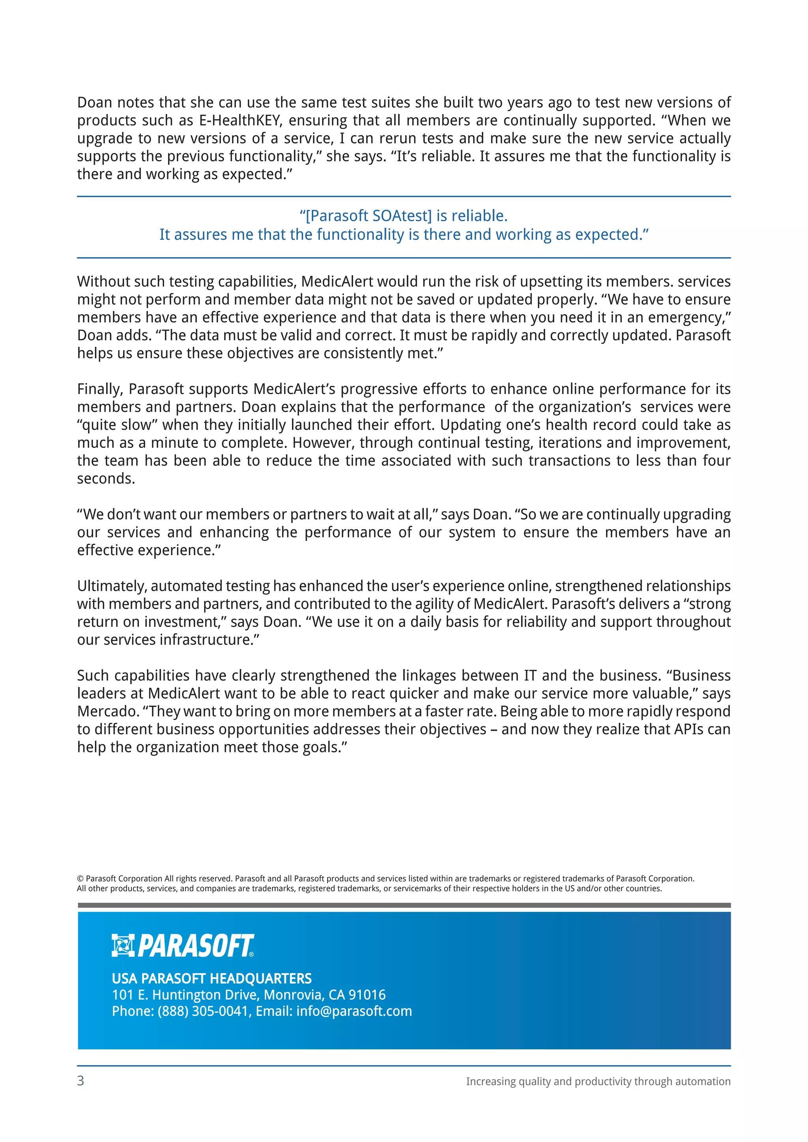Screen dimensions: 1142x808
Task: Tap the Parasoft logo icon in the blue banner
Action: [x=122, y=945]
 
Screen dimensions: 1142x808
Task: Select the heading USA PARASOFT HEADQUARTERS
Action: [x=211, y=978]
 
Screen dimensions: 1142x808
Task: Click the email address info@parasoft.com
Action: [x=354, y=1011]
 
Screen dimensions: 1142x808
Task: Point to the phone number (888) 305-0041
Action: [x=202, y=1011]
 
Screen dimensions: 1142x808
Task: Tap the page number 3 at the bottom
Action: [x=80, y=1080]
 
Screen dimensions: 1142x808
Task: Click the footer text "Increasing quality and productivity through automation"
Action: [x=598, y=1081]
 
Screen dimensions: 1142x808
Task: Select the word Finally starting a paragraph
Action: [x=99, y=389]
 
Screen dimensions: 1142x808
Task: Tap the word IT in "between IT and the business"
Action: [x=530, y=675]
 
